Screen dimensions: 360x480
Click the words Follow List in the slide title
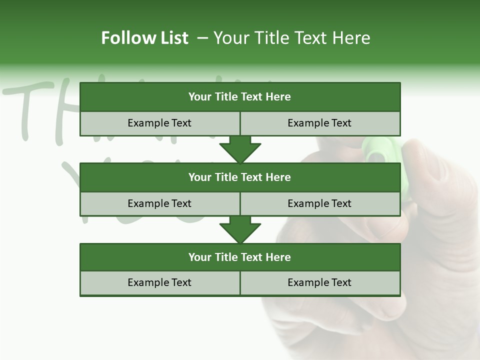click(x=144, y=38)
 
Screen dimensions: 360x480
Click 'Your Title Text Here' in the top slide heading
click(x=291, y=38)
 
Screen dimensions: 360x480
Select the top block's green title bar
click(x=240, y=97)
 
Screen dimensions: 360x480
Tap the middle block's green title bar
click(x=240, y=177)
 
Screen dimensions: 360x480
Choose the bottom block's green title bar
click(x=240, y=257)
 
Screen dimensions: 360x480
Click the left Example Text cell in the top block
click(x=159, y=123)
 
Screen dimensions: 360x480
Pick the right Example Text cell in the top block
click(x=319, y=123)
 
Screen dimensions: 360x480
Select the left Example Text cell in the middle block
click(x=159, y=203)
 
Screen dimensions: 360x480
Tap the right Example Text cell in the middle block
click(x=319, y=203)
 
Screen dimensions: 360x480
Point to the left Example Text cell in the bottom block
click(x=159, y=282)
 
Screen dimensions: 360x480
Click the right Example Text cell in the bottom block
click(x=319, y=282)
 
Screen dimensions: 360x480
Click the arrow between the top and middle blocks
click(x=240, y=149)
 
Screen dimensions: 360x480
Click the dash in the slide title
click(x=202, y=38)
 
